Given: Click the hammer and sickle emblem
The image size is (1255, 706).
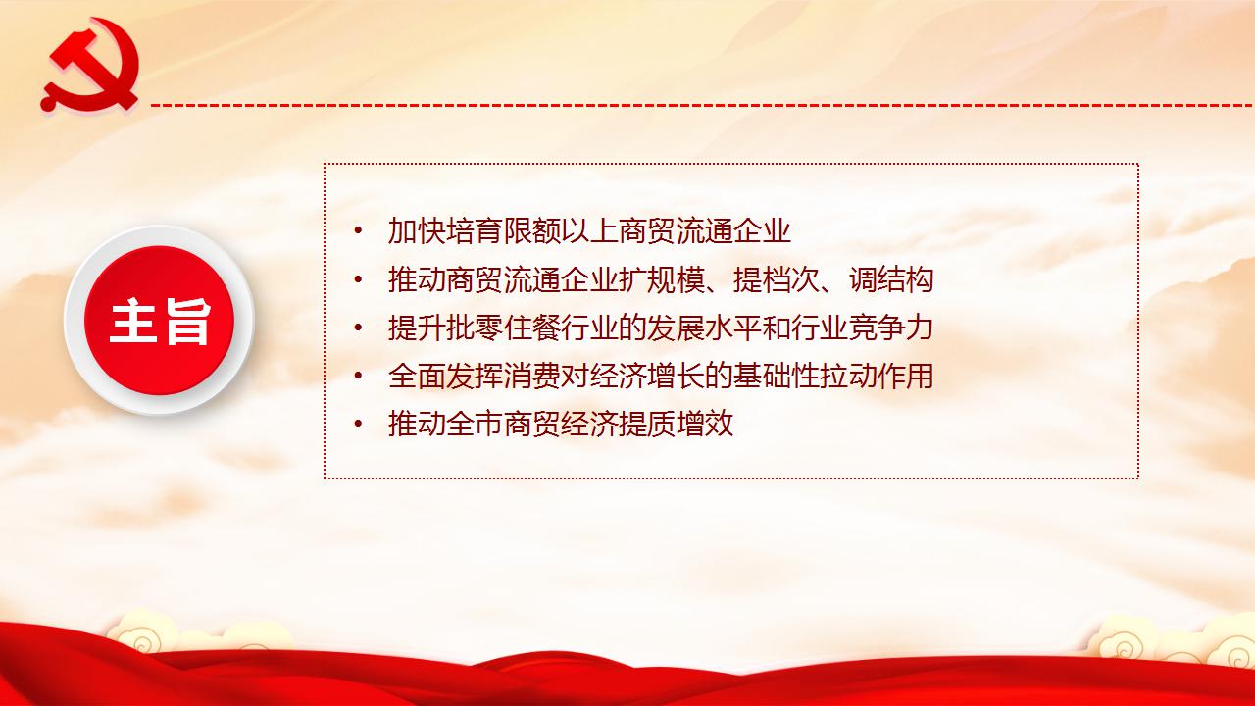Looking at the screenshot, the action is (x=89, y=65).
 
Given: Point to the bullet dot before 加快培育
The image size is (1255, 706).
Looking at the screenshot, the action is (x=358, y=230).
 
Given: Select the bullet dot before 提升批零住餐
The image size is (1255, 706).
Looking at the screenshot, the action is (x=358, y=328).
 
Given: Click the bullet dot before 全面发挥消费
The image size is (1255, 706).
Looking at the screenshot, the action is (x=358, y=376).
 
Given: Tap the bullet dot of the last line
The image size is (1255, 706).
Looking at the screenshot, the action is (x=358, y=424).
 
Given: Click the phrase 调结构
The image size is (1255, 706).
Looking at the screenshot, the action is (x=891, y=279).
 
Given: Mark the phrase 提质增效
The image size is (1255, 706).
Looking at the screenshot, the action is (x=677, y=424).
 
